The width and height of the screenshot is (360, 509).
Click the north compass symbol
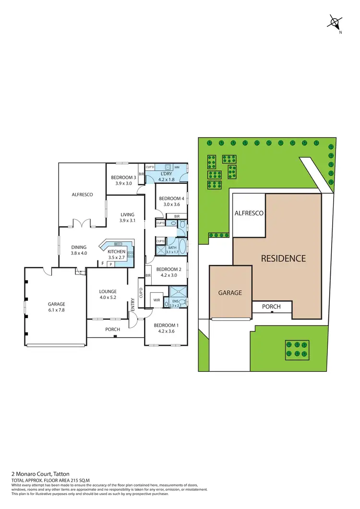(x=335, y=22)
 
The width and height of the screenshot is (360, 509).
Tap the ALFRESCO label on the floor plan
(x=82, y=195)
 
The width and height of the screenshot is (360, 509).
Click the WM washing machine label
(x=177, y=167)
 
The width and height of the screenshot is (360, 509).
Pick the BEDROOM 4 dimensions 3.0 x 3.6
(x=171, y=205)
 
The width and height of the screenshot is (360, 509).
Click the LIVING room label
(x=127, y=214)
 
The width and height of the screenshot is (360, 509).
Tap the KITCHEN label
(x=116, y=251)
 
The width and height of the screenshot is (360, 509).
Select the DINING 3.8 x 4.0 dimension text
(x=79, y=253)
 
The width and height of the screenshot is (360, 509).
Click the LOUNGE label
(x=108, y=291)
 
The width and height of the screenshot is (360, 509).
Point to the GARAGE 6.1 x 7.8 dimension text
(x=56, y=310)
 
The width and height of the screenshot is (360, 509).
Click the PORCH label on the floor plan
(x=113, y=329)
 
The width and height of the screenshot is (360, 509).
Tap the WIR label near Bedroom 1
(x=156, y=300)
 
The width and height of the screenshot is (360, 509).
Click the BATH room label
(x=171, y=248)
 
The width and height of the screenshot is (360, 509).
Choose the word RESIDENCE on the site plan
(x=283, y=259)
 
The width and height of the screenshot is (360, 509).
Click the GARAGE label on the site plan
(x=230, y=293)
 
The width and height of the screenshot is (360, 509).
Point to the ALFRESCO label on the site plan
(x=249, y=213)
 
